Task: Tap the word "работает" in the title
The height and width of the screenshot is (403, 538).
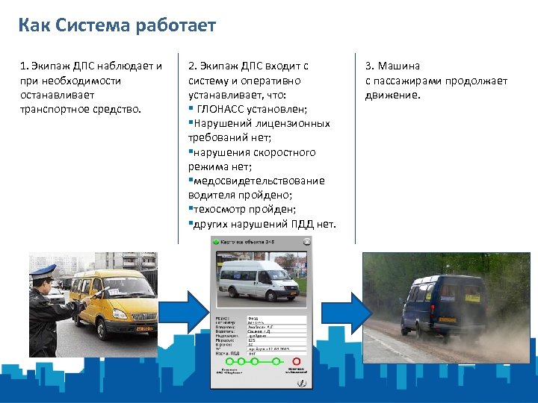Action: (176, 26)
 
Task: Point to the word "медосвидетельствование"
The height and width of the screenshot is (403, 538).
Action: (259, 181)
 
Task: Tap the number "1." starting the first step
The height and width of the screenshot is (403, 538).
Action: (25, 66)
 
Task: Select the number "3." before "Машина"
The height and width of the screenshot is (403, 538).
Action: (370, 66)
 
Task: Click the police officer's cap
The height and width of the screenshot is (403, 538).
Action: (43, 272)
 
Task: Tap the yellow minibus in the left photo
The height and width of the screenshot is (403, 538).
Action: (112, 299)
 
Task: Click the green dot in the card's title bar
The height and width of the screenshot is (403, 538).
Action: (216, 242)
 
